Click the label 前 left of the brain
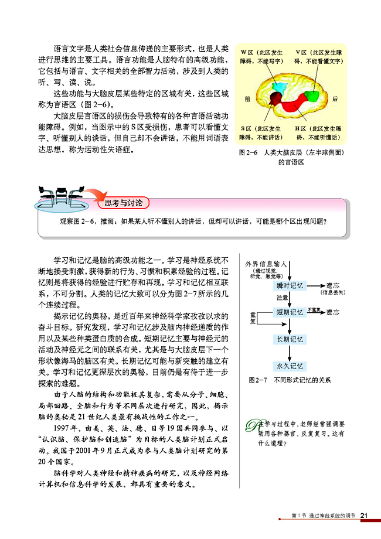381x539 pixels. click(249, 99)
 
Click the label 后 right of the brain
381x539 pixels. click(335, 99)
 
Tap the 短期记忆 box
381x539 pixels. click(290, 312)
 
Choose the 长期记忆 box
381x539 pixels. click(290, 339)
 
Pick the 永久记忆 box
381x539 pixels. click(290, 366)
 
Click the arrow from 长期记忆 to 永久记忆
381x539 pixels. click(290, 353)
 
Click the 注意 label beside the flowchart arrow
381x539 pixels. click(282, 298)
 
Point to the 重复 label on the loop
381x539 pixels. click(253, 319)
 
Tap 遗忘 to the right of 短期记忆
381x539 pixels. click(332, 312)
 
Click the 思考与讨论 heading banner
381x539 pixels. click(123, 203)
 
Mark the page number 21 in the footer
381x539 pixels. click(364, 515)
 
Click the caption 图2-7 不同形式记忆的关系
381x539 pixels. click(290, 380)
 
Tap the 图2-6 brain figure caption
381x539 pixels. click(291, 156)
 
